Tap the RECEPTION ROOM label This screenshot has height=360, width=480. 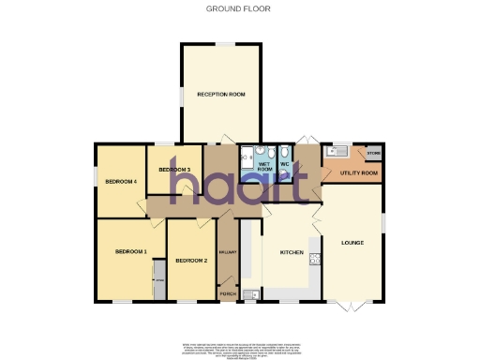[221, 95]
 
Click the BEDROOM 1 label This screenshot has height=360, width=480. [131, 252]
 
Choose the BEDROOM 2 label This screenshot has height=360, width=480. [191, 260]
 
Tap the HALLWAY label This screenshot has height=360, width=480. [227, 252]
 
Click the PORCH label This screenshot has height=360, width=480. [228, 293]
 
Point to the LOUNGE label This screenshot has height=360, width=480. [352, 244]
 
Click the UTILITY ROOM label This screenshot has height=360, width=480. [359, 173]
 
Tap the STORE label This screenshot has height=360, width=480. [373, 152]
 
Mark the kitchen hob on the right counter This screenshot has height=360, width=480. [315, 261]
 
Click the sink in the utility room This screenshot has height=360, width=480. [337, 151]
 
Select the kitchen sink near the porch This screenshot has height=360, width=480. [250, 294]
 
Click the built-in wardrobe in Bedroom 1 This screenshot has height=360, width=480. [159, 282]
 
